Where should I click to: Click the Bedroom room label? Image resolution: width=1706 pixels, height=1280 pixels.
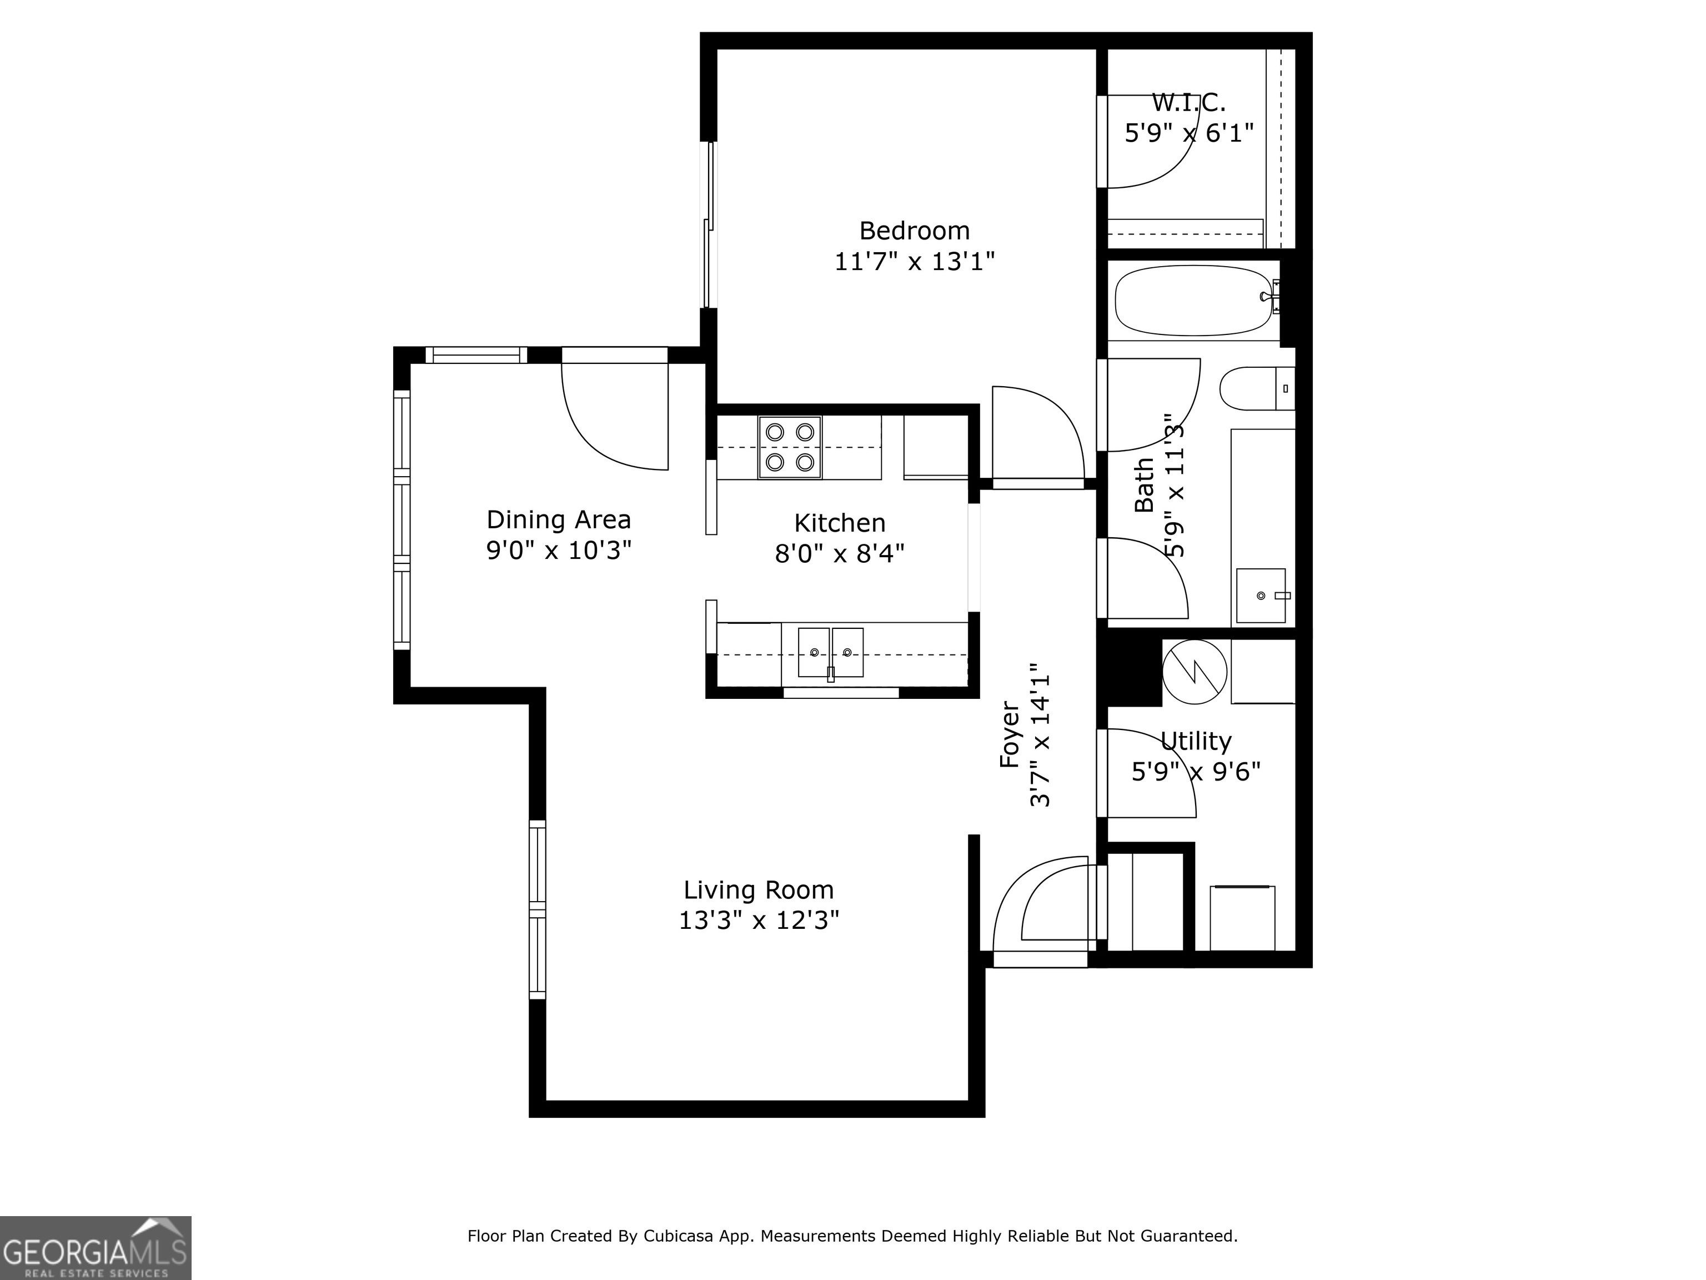point(914,231)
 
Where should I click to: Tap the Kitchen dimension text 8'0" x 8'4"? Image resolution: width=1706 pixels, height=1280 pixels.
point(839,553)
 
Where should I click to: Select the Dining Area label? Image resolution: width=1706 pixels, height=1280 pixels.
point(558,520)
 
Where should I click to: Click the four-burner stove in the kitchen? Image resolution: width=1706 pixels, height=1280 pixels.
point(789,447)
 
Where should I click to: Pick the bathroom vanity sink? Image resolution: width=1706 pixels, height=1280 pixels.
point(1262,596)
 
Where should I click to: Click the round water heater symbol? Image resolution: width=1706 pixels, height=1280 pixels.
point(1194,671)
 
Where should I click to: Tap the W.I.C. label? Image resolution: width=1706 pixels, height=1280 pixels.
point(1188,102)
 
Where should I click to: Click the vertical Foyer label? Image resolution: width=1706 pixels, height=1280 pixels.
point(1010,734)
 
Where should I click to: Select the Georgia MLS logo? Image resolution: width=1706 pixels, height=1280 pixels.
point(96,1248)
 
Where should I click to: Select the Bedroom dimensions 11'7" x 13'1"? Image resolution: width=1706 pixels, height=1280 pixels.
point(915,262)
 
